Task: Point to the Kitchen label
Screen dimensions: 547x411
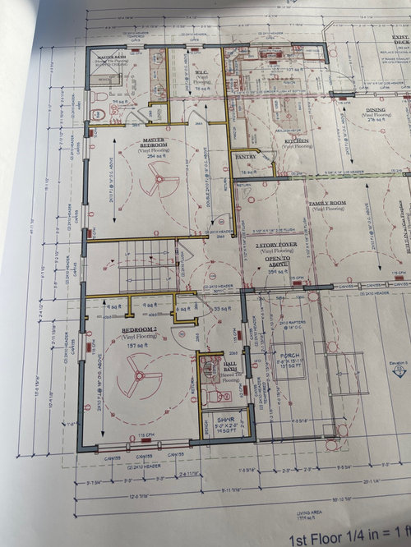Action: [297, 140]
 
